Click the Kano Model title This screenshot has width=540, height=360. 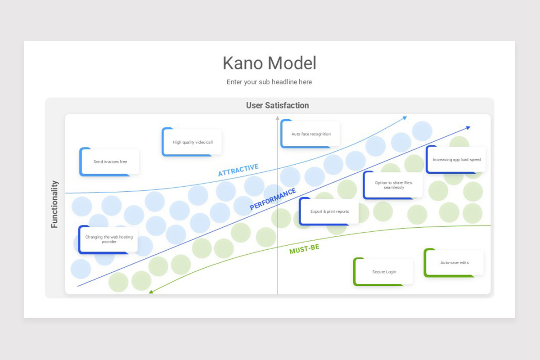(x=269, y=63)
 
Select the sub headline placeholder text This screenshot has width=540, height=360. (x=269, y=82)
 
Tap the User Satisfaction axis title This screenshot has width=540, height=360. (x=278, y=105)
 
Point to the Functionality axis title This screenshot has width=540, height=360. (x=54, y=204)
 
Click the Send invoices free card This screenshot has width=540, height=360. (x=109, y=162)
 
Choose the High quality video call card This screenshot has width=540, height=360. (x=192, y=142)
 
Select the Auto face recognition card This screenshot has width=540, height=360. (x=310, y=134)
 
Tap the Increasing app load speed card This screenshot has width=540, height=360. (x=455, y=160)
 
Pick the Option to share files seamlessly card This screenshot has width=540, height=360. (x=393, y=185)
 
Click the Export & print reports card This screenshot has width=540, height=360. (x=329, y=211)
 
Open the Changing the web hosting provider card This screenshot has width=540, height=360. (x=108, y=239)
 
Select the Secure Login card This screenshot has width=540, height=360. (x=383, y=272)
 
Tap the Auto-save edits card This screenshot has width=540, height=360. (x=454, y=263)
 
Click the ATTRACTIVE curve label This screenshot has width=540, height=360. (x=238, y=170)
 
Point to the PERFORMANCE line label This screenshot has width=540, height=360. (x=273, y=199)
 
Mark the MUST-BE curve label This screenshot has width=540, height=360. (x=305, y=249)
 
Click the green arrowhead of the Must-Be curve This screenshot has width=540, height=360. (x=151, y=292)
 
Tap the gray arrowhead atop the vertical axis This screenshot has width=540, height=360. (x=278, y=118)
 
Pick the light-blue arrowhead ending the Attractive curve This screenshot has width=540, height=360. (x=405, y=118)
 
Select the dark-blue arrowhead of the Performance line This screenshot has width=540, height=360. (x=468, y=128)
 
